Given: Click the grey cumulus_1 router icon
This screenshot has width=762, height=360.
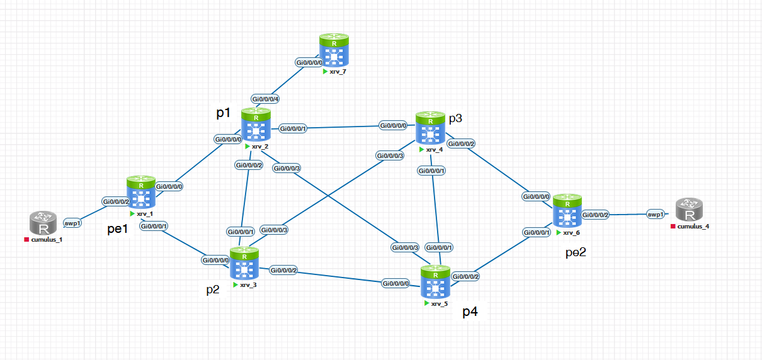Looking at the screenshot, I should pyautogui.click(x=43, y=223).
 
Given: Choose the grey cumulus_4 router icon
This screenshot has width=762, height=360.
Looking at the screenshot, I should pyautogui.click(x=689, y=210).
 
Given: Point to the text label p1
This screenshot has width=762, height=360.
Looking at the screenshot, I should pyautogui.click(x=224, y=113).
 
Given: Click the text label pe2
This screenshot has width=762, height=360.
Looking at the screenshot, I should pyautogui.click(x=576, y=252).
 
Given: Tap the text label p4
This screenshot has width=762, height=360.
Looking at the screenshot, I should pyautogui.click(x=470, y=312).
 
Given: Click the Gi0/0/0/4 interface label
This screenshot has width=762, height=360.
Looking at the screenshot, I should pyautogui.click(x=265, y=99).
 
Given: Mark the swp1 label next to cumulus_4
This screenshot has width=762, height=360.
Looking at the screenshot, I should pyautogui.click(x=656, y=214).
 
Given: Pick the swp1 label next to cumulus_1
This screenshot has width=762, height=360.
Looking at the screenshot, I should pyautogui.click(x=72, y=223).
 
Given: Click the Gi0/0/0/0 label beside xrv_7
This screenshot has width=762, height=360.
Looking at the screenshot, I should pyautogui.click(x=310, y=62).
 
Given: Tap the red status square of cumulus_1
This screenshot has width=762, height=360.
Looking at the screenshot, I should pyautogui.click(x=26, y=240).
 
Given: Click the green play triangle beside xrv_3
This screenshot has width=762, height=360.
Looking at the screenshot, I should pyautogui.click(x=235, y=285).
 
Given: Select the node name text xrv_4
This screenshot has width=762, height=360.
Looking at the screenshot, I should pyautogui.click(x=435, y=150).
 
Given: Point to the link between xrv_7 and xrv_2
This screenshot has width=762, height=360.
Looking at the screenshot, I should pyautogui.click(x=295, y=80).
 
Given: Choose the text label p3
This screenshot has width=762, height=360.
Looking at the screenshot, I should pyautogui.click(x=455, y=119).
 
